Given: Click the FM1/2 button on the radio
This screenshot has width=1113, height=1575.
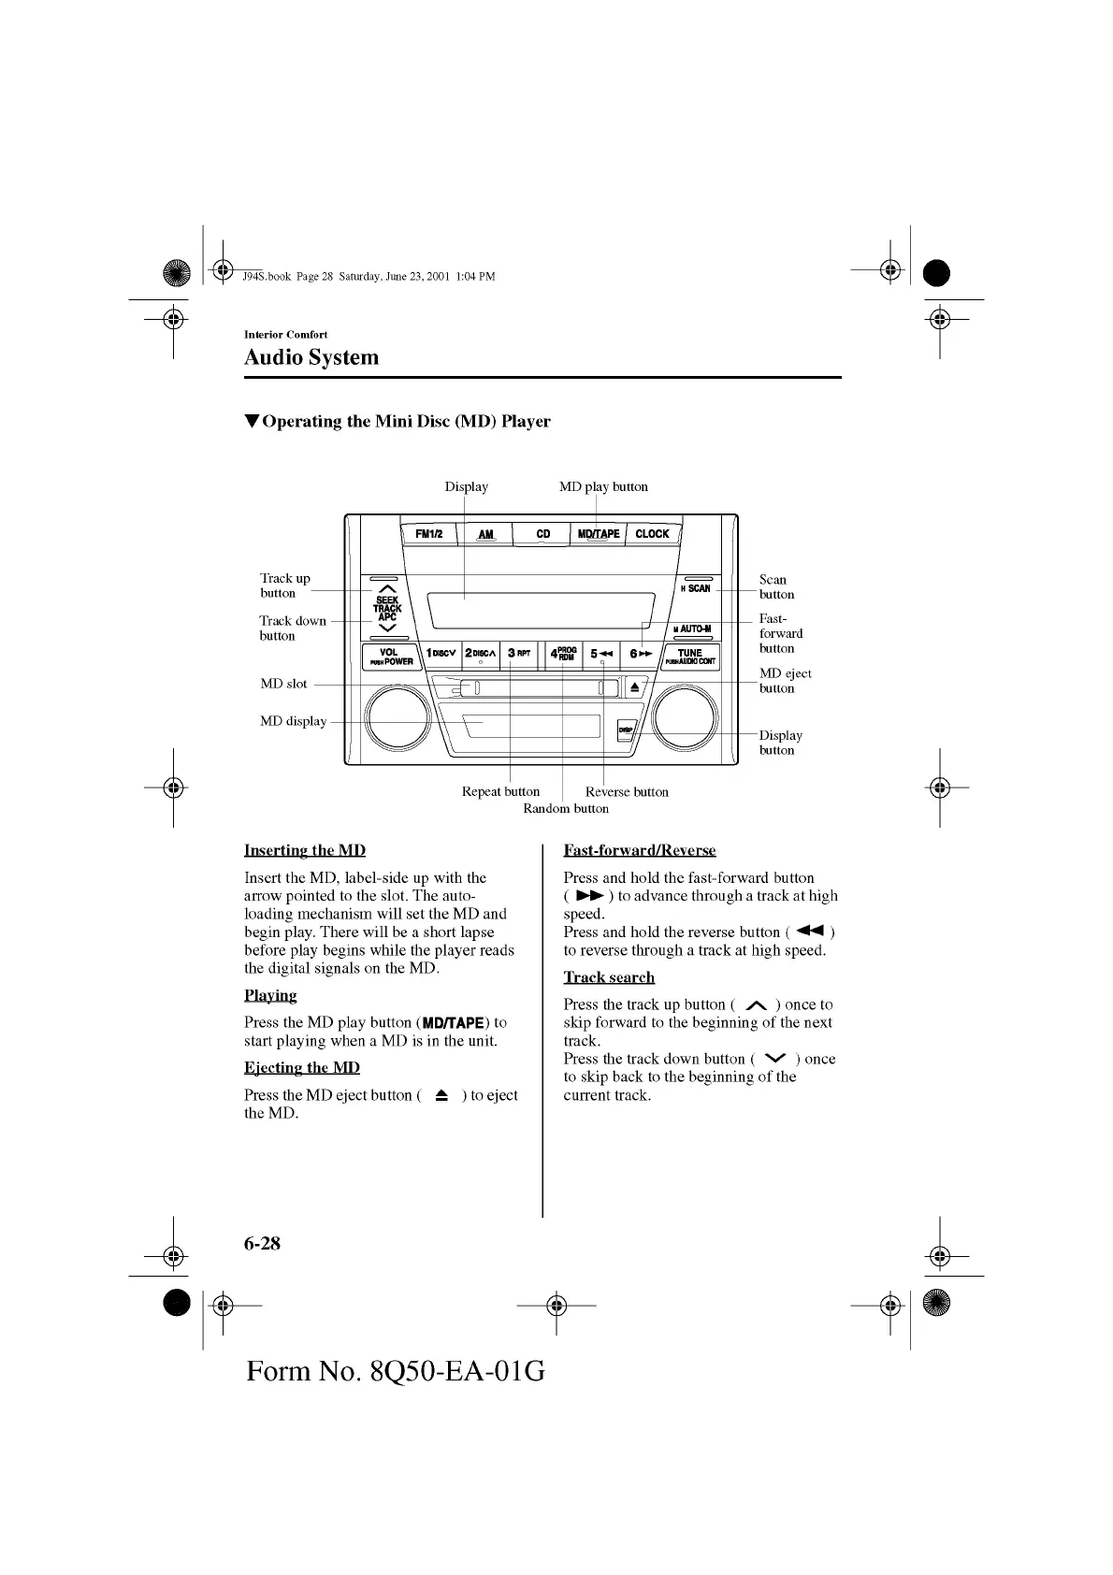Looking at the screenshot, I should point(428,534).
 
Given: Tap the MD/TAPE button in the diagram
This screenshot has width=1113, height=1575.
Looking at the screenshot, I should point(599,534).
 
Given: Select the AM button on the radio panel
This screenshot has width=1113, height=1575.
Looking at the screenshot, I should point(485,534).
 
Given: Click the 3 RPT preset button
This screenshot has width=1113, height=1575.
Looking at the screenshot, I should point(519,654).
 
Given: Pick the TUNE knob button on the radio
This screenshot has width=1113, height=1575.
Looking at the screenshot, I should point(690,657).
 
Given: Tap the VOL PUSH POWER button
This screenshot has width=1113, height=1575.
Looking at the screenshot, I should point(390,657).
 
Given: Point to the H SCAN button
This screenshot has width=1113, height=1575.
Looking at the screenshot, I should point(696,588).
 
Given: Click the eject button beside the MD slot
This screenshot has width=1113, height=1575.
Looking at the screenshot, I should point(634,688).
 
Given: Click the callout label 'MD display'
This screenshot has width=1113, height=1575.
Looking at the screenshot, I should point(294,721).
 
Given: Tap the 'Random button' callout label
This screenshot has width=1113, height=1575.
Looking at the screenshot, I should point(566,808).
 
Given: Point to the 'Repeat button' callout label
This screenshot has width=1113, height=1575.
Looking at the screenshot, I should point(500,791).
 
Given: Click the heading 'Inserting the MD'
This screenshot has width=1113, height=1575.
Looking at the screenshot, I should point(305,850).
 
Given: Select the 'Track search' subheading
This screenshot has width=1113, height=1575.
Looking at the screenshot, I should point(609,977).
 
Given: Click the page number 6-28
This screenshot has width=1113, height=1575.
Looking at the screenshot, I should point(262,1243).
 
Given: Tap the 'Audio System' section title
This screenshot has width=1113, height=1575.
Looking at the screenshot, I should point(311,357).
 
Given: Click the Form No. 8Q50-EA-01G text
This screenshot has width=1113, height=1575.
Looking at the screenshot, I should point(396,1371).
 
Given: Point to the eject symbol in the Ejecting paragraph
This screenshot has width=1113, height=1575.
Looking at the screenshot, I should point(441,1095).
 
